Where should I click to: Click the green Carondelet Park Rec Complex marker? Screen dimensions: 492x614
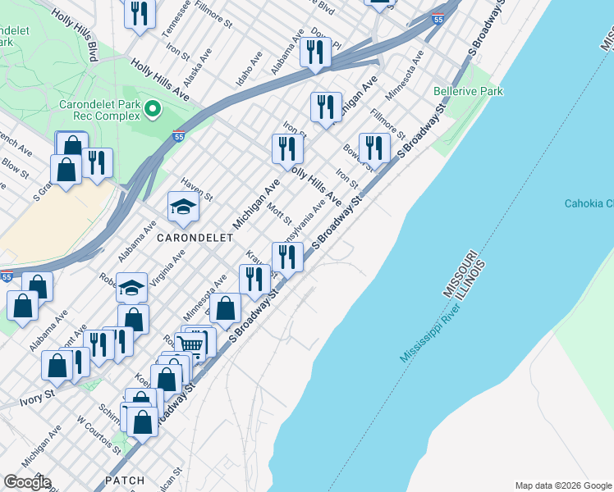coord(152,108)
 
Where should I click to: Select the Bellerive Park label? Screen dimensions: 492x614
coord(468,92)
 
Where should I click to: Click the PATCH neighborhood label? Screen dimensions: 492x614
coord(124,481)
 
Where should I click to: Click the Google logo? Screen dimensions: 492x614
coord(26,482)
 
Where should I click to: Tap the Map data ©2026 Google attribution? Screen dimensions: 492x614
coord(562,485)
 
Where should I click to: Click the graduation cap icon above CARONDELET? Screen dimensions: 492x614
coord(183,207)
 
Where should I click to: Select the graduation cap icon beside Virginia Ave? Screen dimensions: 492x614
coord(131,288)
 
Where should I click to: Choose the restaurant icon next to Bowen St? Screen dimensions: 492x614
coord(374,148)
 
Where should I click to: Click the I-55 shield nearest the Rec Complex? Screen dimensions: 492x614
coord(178,137)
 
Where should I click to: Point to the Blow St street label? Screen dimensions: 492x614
coord(15,168)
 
